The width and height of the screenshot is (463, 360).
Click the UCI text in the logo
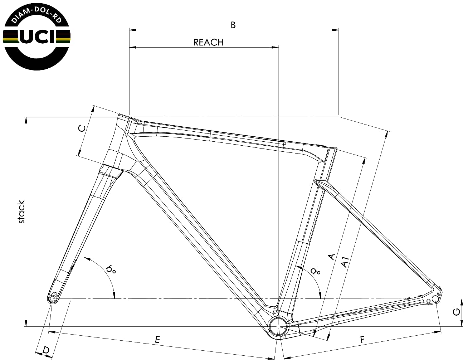coord(36,37)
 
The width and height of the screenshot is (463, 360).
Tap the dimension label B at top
coord(233,25)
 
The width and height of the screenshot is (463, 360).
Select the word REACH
coord(208,42)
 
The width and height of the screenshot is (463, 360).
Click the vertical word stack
coord(21,212)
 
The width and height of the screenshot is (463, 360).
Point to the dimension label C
coord(82,128)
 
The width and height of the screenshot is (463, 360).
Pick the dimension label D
coord(46,350)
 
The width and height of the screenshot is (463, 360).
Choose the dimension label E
coord(157,339)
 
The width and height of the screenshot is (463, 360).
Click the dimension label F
coord(362,339)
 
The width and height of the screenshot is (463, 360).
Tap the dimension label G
coord(456,312)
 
